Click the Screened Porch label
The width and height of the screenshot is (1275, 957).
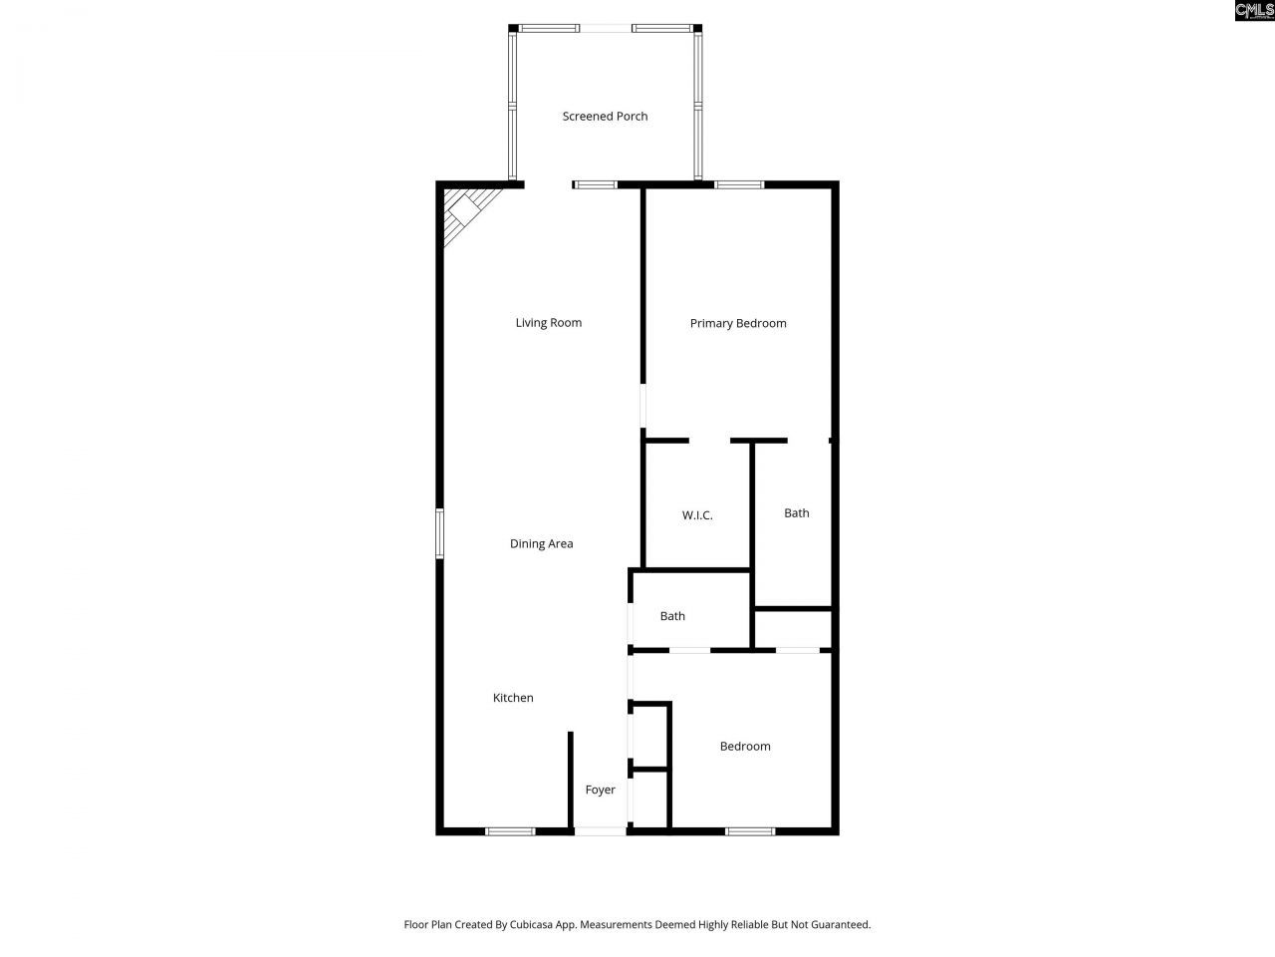pos(605,117)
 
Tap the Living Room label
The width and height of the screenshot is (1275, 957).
pos(548,323)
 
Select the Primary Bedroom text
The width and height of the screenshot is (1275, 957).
pos(738,323)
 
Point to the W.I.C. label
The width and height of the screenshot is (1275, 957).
pos(697,515)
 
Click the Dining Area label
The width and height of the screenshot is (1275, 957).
pos(541,544)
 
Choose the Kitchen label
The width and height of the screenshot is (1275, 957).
pos(513,698)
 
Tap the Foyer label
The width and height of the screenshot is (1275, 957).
pos(600,791)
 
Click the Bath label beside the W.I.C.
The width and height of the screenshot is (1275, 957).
pos(796,513)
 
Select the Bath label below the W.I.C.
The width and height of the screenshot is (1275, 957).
pos(672,616)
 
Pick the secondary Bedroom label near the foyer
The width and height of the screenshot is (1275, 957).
pos(745,747)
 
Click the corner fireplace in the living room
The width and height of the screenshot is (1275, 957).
pos(464,211)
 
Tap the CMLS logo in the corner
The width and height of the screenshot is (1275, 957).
pos(1253,11)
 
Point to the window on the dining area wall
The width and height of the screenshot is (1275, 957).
pos(439,533)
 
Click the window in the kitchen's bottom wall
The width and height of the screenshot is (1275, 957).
pos(510,830)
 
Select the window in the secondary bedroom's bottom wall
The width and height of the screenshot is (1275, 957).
pos(750,830)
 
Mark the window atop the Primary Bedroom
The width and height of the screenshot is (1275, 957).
pos(739,184)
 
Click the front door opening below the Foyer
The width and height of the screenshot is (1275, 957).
pos(601,830)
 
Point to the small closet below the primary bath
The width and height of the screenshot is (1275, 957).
pos(793,629)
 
